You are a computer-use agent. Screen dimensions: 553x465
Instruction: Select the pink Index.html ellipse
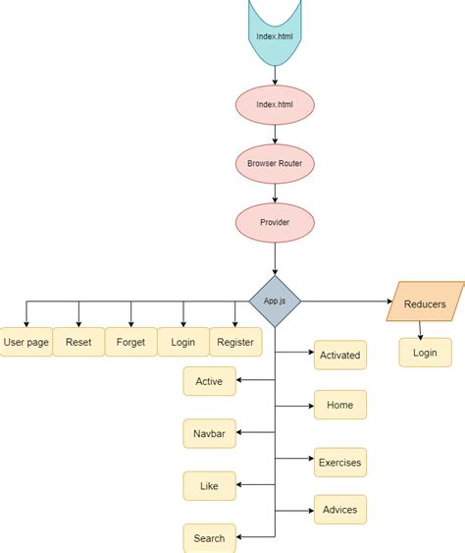(275, 104)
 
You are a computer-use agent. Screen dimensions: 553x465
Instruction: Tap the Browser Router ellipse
(275, 163)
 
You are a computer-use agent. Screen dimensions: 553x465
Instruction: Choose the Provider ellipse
(275, 222)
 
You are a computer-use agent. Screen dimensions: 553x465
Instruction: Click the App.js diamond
(275, 301)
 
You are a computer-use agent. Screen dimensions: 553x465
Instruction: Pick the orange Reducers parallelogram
(425, 304)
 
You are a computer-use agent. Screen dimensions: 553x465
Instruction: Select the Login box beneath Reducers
(425, 353)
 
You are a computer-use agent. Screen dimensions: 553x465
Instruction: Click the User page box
(26, 342)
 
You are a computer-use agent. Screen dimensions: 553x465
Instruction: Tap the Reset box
(78, 342)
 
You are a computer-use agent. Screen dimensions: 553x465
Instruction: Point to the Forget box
(130, 342)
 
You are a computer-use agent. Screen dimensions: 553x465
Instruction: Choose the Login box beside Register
(183, 342)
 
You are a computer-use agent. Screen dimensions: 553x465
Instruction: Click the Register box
(235, 342)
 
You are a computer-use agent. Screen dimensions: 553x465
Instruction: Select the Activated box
(339, 355)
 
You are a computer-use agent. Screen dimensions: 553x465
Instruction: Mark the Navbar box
(209, 432)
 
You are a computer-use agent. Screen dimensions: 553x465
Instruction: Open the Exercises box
(339, 462)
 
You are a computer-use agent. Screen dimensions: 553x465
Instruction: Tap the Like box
(209, 485)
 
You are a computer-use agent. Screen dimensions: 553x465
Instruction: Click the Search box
(209, 537)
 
